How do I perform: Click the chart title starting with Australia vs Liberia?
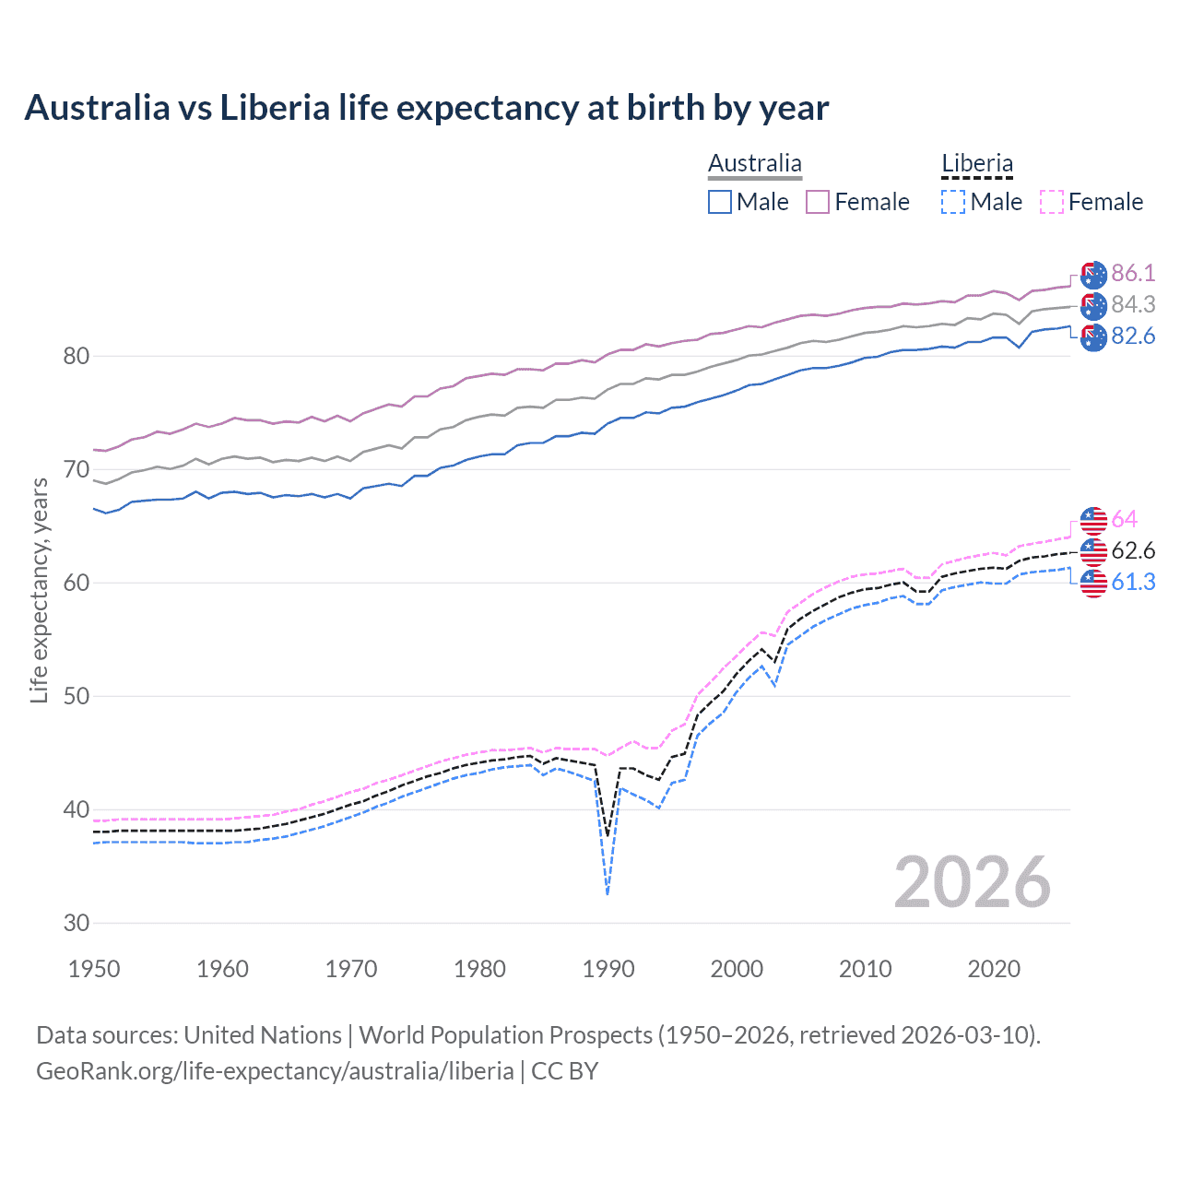click(426, 108)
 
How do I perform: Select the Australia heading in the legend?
click(754, 164)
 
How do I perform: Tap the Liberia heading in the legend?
click(976, 164)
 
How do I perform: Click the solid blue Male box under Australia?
click(720, 202)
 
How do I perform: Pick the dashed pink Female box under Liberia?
click(1051, 202)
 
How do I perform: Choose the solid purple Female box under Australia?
click(818, 202)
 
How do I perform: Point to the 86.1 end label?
click(1132, 273)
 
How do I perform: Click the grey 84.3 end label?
click(1132, 304)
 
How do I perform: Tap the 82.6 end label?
click(1132, 336)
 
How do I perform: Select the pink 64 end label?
click(1124, 519)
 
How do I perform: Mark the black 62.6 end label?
click(1132, 550)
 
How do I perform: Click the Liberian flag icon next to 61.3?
click(1093, 583)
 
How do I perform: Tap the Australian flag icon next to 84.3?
click(1093, 306)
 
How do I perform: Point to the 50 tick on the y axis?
click(77, 696)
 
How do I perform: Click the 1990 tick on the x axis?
click(608, 969)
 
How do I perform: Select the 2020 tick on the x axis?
click(993, 969)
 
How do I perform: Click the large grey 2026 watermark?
click(972, 882)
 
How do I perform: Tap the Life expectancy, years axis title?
click(39, 590)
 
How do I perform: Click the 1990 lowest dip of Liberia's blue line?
click(608, 892)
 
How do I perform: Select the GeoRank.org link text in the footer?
click(275, 1070)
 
